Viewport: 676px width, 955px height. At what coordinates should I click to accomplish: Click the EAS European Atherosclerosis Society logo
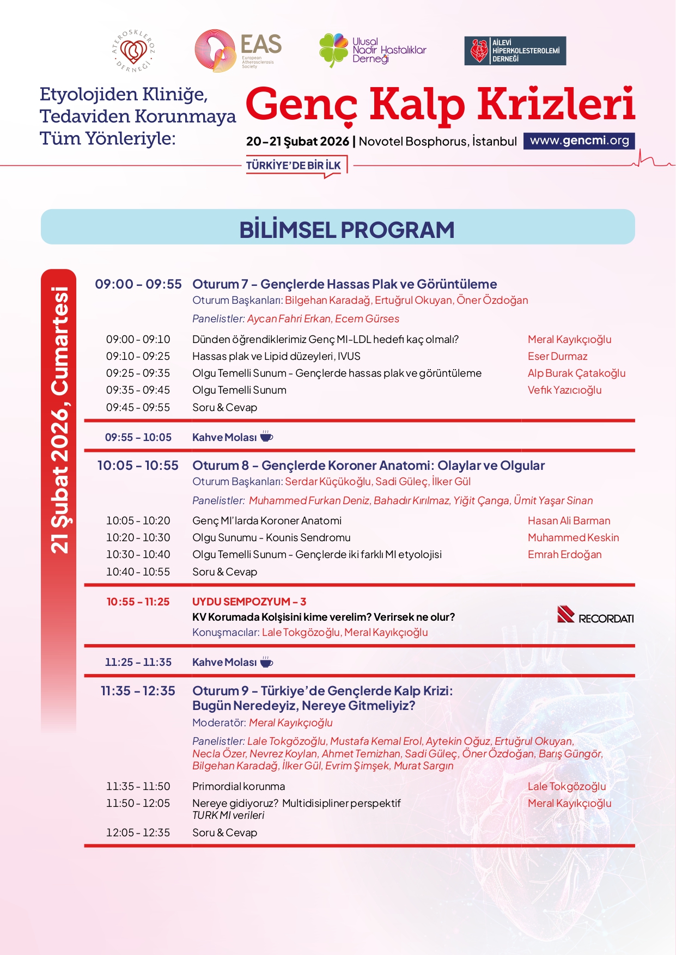pyautogui.click(x=238, y=51)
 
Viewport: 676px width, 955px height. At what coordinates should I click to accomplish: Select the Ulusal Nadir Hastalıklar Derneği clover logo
pyautogui.click(x=373, y=50)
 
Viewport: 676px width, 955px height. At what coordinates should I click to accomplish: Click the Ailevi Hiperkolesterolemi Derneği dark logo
pyautogui.click(x=515, y=51)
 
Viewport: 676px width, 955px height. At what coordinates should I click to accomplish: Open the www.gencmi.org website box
pyautogui.click(x=579, y=140)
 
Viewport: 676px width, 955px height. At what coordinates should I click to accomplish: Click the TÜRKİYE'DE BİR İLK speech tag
pyautogui.click(x=294, y=166)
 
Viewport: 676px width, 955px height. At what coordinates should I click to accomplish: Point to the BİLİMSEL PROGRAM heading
pyautogui.click(x=346, y=230)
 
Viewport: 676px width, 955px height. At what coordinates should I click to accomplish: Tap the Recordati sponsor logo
pyautogui.click(x=595, y=615)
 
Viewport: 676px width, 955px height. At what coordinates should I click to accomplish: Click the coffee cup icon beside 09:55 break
pyautogui.click(x=266, y=436)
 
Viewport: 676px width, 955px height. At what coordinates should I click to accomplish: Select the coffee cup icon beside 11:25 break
pyautogui.click(x=266, y=662)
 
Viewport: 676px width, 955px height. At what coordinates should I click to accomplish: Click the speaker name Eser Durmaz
pyautogui.click(x=557, y=356)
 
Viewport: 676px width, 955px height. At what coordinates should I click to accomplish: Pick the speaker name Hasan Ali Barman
pyautogui.click(x=569, y=521)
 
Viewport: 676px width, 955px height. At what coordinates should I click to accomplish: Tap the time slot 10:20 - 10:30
pyautogui.click(x=138, y=537)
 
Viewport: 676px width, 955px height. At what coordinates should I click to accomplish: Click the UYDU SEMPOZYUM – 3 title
pyautogui.click(x=249, y=602)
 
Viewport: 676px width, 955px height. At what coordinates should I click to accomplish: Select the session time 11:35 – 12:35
pyautogui.click(x=138, y=691)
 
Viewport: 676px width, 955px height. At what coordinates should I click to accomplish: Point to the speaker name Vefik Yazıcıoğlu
pyautogui.click(x=564, y=390)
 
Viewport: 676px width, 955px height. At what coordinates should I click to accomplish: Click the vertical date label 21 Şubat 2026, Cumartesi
pyautogui.click(x=59, y=419)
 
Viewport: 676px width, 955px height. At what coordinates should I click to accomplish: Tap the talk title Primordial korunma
pyautogui.click(x=238, y=786)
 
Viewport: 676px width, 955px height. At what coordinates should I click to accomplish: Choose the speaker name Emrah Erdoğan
pyautogui.click(x=564, y=554)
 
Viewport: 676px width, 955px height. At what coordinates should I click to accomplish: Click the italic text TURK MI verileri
pyautogui.click(x=228, y=815)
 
